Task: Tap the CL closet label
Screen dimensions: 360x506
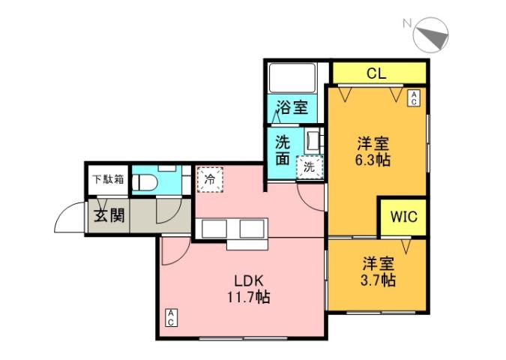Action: (x=377, y=73)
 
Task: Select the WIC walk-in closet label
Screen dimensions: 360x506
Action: (x=402, y=217)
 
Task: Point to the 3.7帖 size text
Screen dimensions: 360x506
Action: (x=378, y=281)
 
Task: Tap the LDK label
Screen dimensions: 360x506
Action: (x=247, y=281)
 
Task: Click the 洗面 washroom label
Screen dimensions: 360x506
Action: (x=282, y=149)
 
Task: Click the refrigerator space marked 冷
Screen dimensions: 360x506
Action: (x=209, y=180)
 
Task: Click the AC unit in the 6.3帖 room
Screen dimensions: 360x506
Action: (x=413, y=97)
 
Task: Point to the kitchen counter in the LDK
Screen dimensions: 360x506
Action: (x=232, y=231)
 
